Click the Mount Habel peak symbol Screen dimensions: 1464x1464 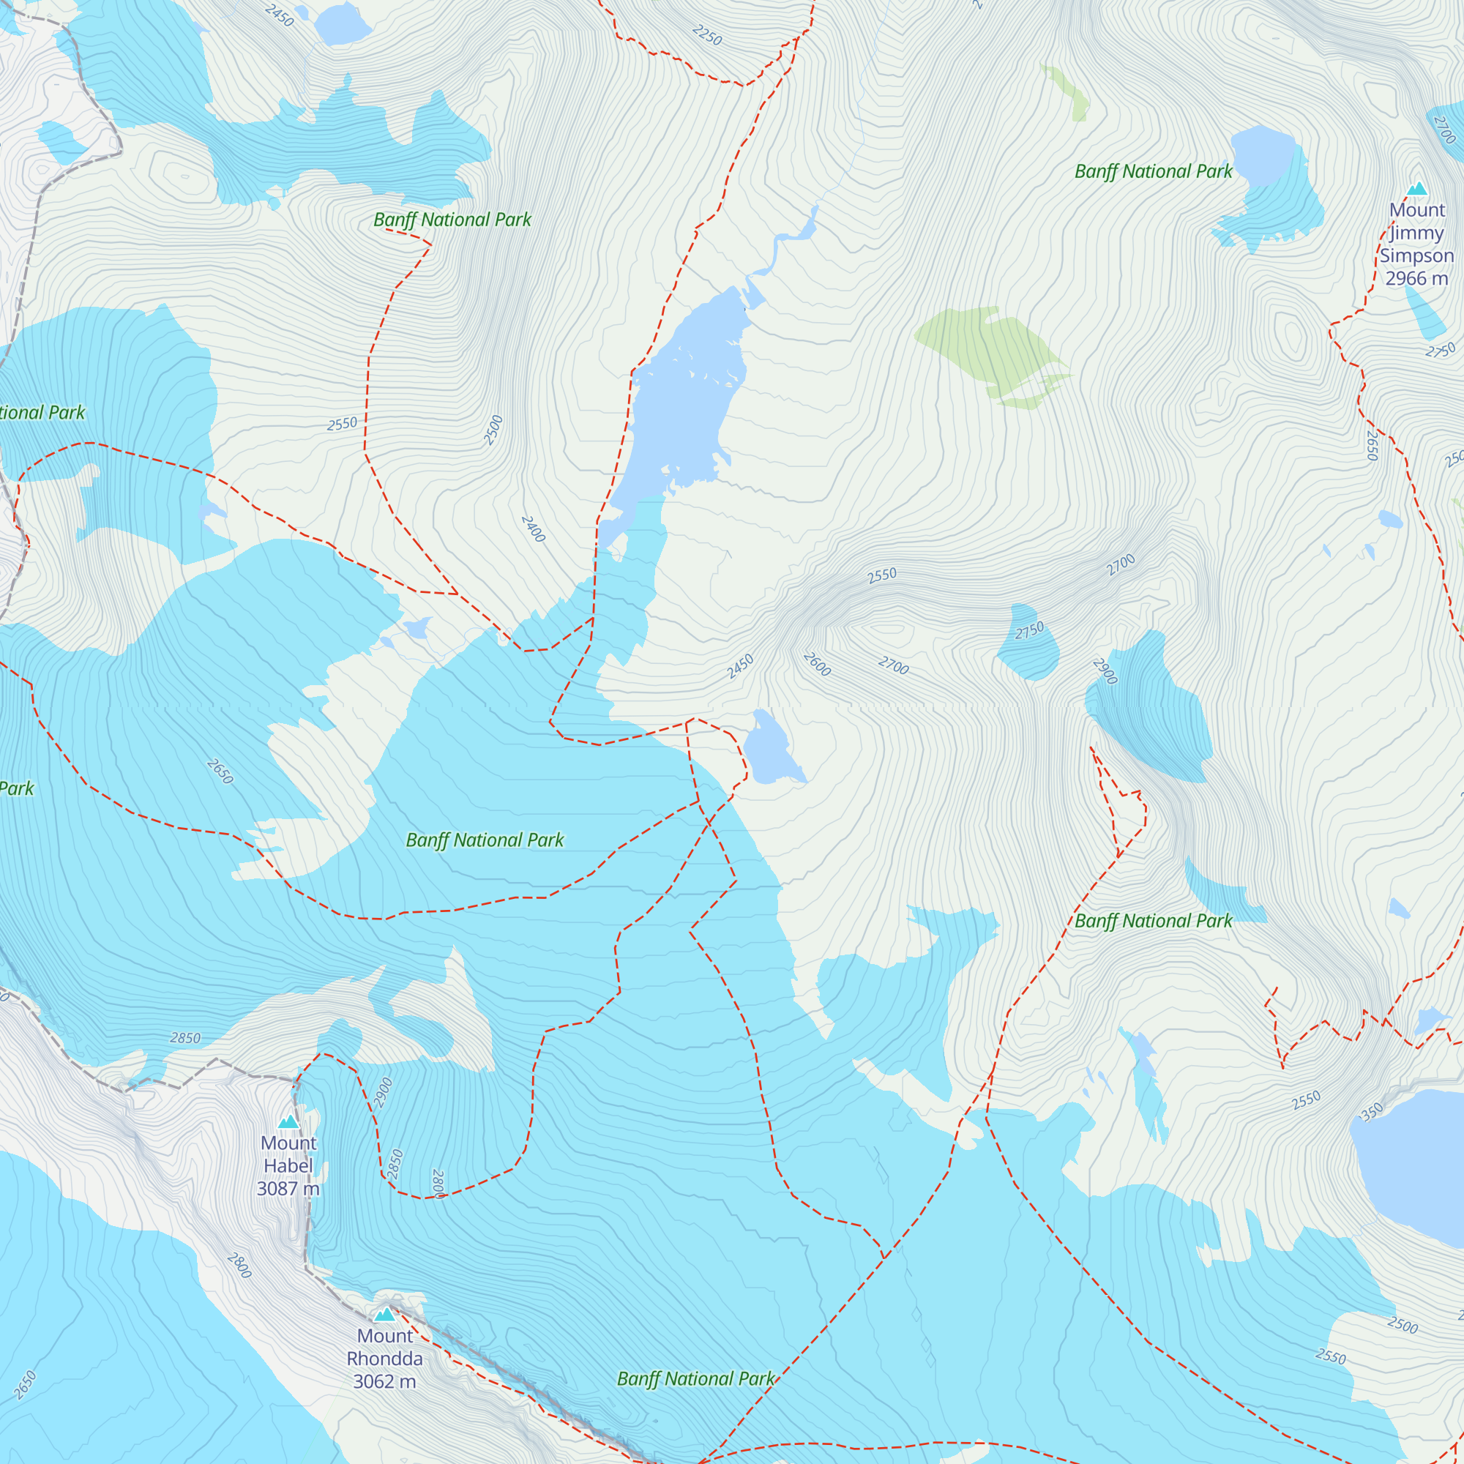coord(288,1122)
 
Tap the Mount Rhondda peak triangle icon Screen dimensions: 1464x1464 coord(385,1314)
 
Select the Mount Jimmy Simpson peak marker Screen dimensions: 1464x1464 coord(1417,189)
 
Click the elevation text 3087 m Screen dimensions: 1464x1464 coord(288,1188)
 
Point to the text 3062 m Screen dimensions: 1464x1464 coord(384,1381)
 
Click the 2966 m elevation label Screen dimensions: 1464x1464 coord(1416,279)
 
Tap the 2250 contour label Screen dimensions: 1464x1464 coord(707,35)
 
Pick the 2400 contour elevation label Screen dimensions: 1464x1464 coord(533,529)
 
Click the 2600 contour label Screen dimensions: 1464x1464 coord(817,664)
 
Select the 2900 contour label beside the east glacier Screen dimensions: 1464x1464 coord(1105,671)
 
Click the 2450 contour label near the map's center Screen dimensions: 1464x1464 coord(739,666)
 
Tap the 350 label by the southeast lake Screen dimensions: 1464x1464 coord(1372,1112)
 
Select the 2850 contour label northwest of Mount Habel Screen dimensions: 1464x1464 coord(185,1038)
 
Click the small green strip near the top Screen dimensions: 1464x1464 coord(1067,92)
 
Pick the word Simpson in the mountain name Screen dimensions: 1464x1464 coord(1416,255)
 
